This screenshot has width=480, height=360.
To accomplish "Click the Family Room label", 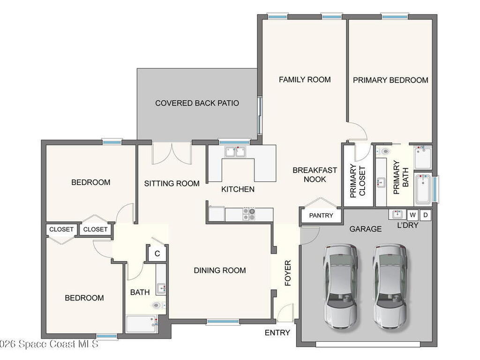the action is point(305,80).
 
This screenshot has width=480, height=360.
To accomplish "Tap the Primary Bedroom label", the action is point(390,80).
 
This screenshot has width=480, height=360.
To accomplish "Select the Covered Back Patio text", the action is point(197,103).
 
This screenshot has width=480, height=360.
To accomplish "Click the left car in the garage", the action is point(340,286).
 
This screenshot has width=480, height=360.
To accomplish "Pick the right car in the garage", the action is point(390,286).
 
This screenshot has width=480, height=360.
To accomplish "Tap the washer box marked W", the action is point(412,215).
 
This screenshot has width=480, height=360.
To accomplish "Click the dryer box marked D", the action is point(425,215).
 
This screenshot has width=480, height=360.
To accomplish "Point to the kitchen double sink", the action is point(235,152).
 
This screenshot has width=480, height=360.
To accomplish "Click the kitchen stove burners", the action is point(249,214).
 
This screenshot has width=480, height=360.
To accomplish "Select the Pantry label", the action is point(321,216).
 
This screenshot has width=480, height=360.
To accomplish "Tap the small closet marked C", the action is point(157,254).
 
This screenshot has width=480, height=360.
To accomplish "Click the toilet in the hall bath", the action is point(158,305).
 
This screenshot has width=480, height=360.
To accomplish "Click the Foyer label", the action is point(288,273).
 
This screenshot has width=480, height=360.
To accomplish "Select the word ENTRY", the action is point(277,333).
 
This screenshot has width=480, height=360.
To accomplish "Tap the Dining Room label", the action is point(220,270).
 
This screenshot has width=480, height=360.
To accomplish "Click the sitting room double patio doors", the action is point(172,153).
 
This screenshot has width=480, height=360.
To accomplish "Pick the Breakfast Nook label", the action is point(315,175).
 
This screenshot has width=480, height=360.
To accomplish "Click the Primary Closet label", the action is point(358,181).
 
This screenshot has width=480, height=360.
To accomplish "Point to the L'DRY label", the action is point(407,225).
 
